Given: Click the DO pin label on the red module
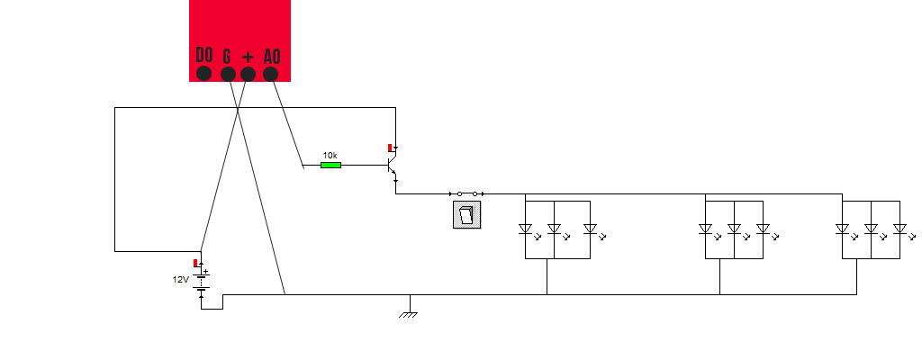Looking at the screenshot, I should tap(203, 55).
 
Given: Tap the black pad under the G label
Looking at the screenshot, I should tap(228, 74).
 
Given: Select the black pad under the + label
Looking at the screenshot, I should tap(249, 74).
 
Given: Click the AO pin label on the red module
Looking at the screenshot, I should tap(271, 56).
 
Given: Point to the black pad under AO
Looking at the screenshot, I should tap(270, 74).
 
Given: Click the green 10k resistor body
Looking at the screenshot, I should tap(331, 165).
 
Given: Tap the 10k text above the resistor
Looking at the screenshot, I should tap(330, 155).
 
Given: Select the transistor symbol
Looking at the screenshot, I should tap(392, 166).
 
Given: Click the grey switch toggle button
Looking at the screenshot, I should tap(466, 214).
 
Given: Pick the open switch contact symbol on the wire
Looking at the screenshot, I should tap(466, 193).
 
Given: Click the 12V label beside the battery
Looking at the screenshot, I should tap(181, 280).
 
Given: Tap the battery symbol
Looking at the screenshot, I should tap(202, 281).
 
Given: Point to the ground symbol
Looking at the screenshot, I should tap(410, 313).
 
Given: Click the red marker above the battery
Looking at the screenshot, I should tap(195, 262).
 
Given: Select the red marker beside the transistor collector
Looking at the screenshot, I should tap(390, 147).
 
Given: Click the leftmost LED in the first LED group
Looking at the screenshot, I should tap(526, 229).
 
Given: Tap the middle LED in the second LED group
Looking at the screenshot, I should tap(735, 229).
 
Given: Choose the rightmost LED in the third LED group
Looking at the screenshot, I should tap(899, 229).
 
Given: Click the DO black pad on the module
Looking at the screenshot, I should tap(204, 74).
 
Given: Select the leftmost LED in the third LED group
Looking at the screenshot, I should tap(843, 229).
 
